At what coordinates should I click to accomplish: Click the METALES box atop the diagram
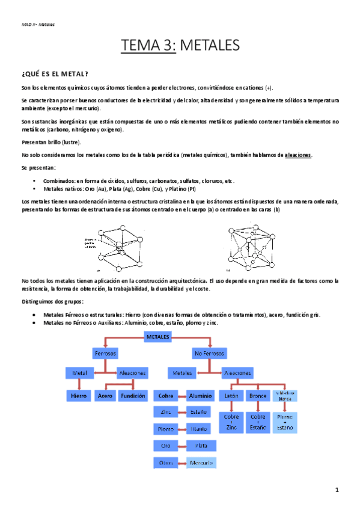pyautogui.click(x=159, y=337)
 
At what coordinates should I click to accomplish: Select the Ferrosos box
pyautogui.click(x=105, y=352)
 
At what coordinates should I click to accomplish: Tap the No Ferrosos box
pyautogui.click(x=209, y=352)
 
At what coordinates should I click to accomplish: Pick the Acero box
pyautogui.click(x=105, y=396)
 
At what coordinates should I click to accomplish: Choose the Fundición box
pyautogui.click(x=132, y=396)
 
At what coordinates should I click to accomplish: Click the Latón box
pyautogui.click(x=231, y=396)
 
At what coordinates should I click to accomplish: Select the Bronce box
pyautogui.click(x=258, y=396)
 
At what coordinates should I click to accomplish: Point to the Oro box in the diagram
pyautogui.click(x=166, y=446)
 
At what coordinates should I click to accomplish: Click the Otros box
pyautogui.click(x=166, y=462)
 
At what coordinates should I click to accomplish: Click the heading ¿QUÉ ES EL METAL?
pyautogui.click(x=55, y=73)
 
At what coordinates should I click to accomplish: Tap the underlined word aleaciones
pyautogui.click(x=298, y=155)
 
